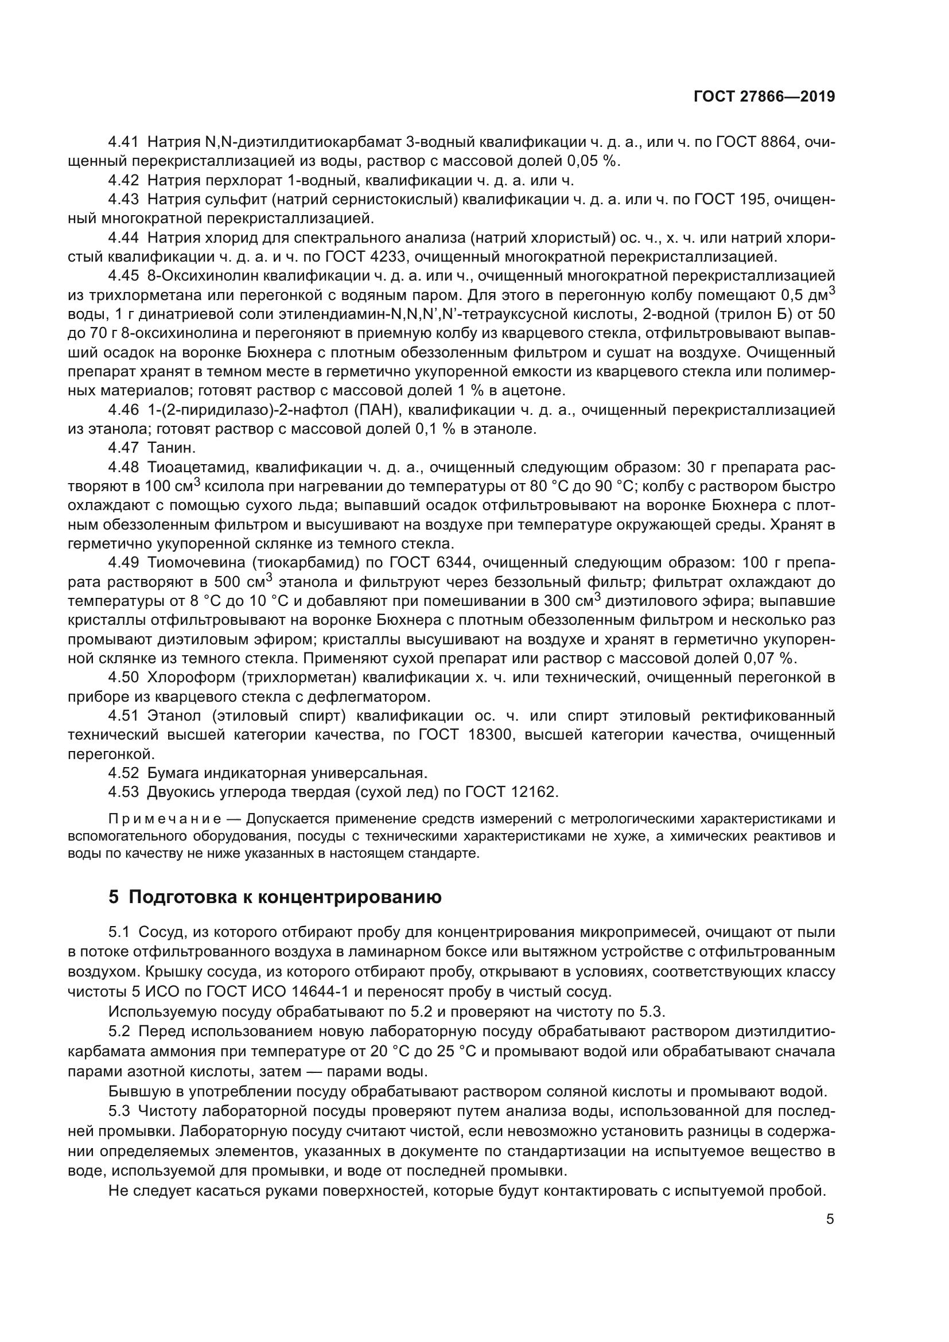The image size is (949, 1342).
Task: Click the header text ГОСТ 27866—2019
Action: click(x=764, y=97)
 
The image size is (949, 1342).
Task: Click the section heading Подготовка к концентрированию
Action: click(x=285, y=897)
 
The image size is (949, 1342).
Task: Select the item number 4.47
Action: click(x=123, y=448)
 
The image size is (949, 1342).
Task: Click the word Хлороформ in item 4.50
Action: click(x=192, y=678)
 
